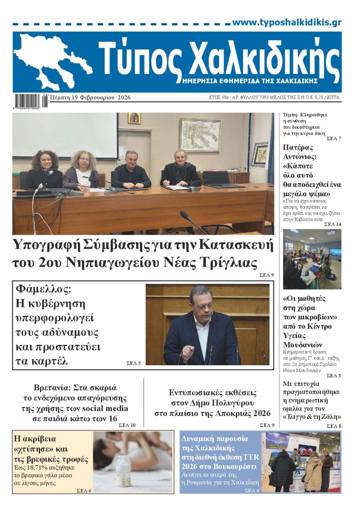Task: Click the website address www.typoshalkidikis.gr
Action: [287, 23]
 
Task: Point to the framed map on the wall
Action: [200, 135]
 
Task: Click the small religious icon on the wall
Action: [134, 118]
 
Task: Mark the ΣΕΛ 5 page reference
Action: [133, 362]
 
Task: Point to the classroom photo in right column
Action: [312, 259]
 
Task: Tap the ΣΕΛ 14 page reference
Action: [333, 224]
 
